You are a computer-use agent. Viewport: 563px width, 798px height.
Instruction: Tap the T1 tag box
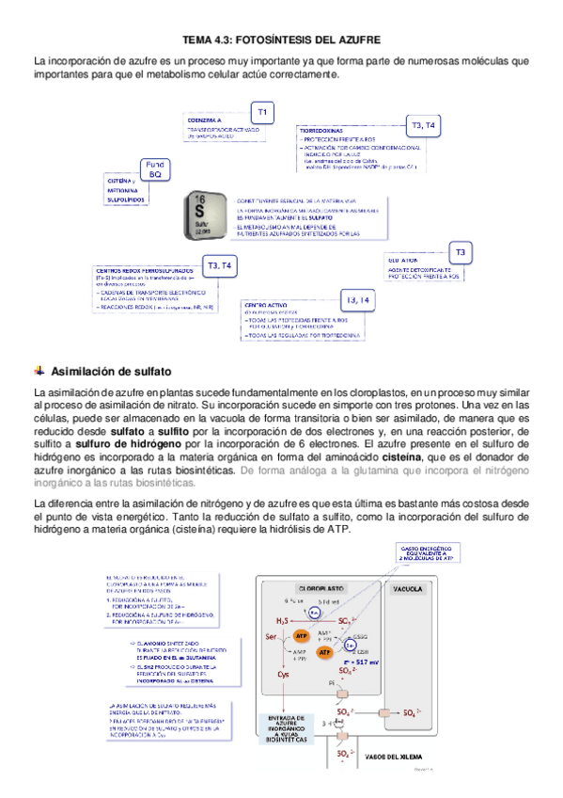[262, 113]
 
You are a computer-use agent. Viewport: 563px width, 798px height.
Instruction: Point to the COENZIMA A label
[205, 121]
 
